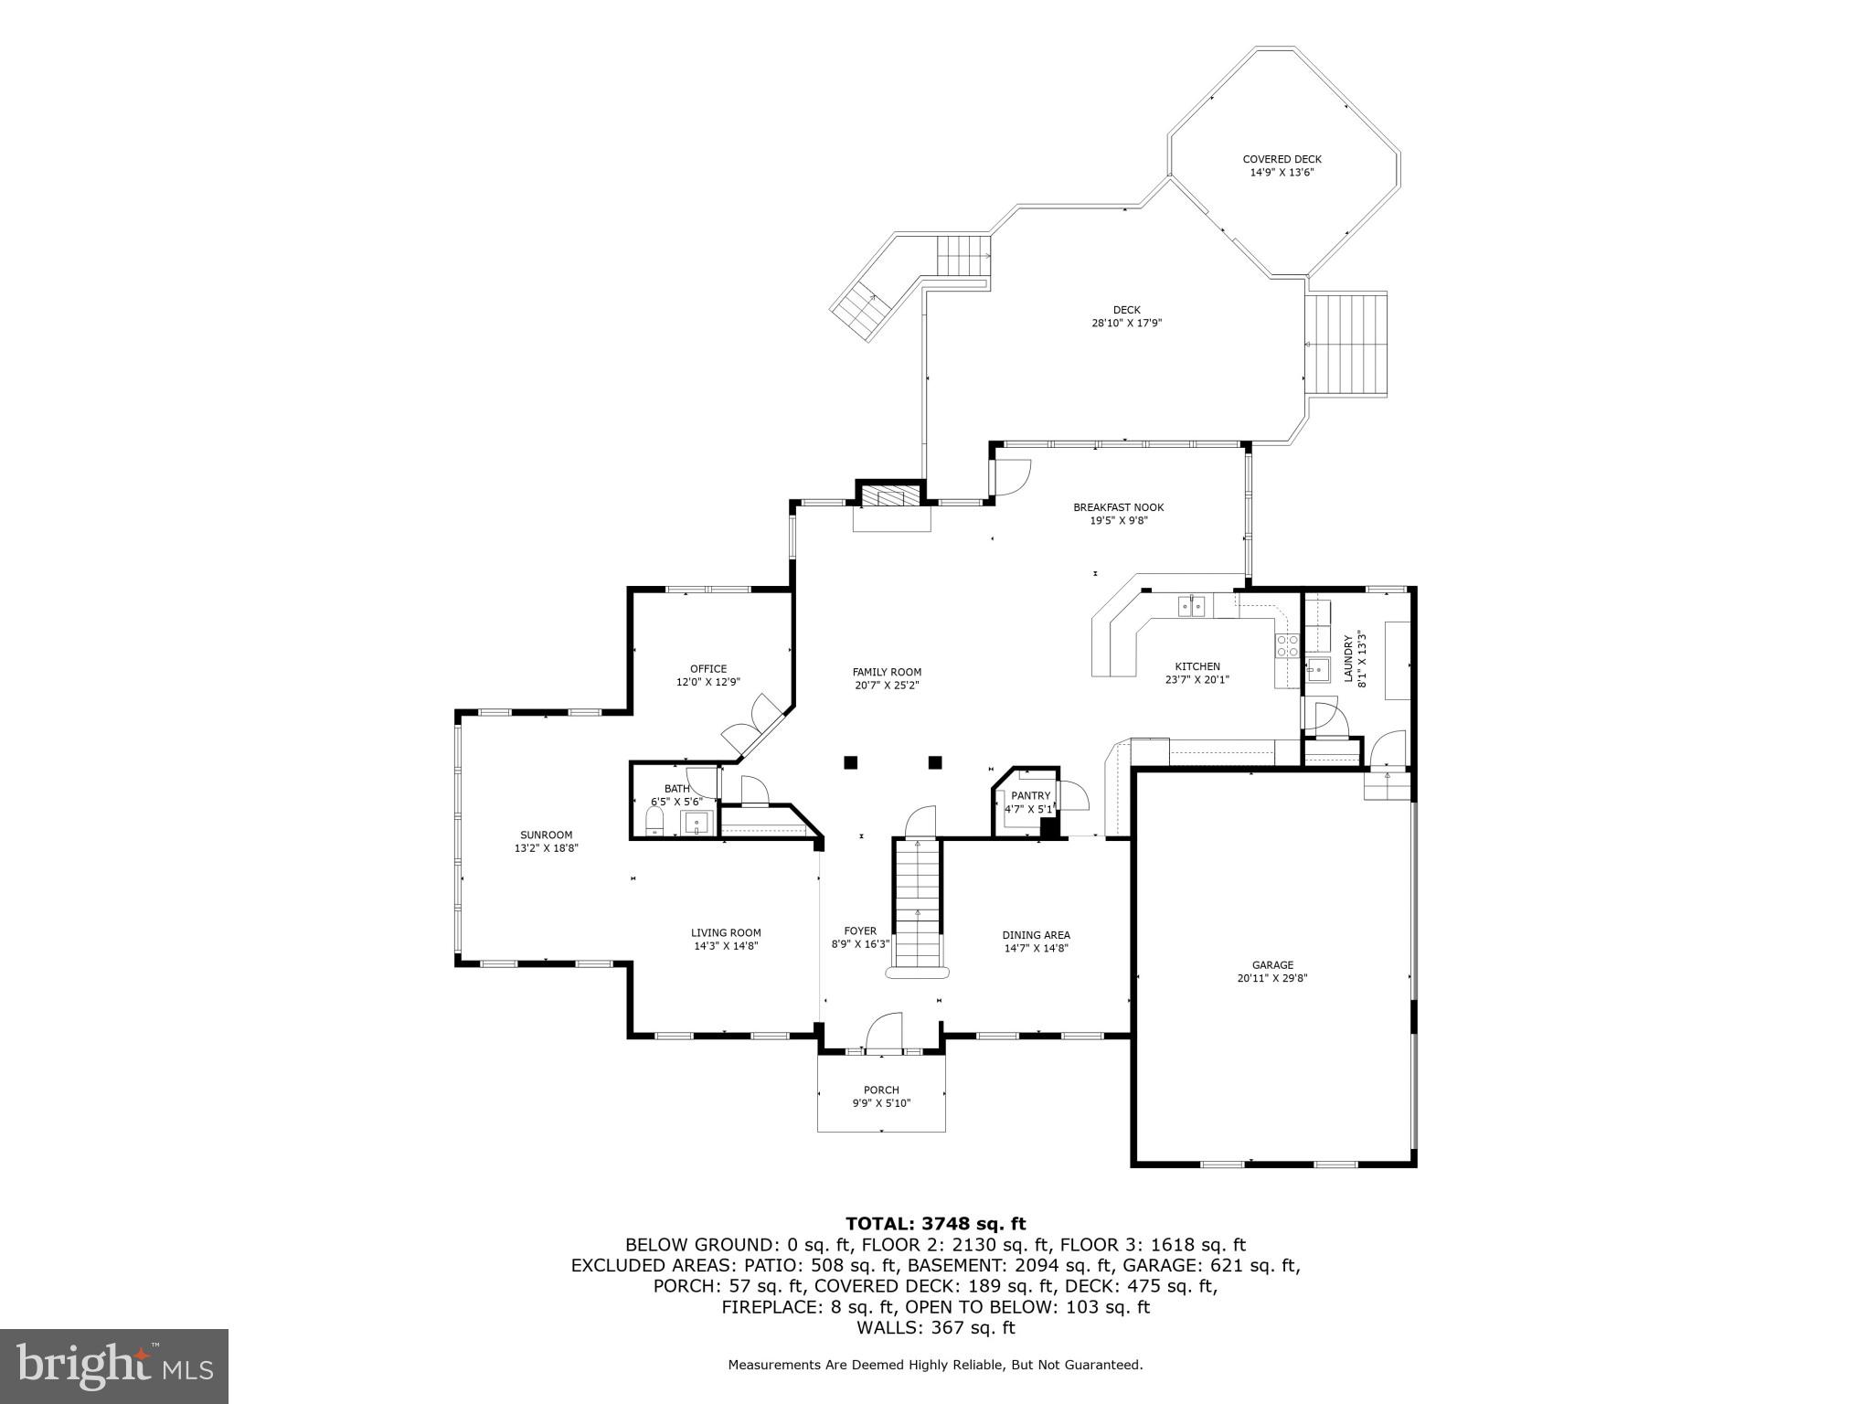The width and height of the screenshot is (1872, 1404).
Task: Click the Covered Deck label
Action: pyautogui.click(x=1282, y=159)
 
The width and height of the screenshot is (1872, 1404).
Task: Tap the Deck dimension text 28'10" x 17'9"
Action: pyautogui.click(x=1126, y=323)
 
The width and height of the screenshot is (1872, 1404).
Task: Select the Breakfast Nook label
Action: pyautogui.click(x=1118, y=507)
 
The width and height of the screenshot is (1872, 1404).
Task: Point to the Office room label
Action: pyautogui.click(x=708, y=668)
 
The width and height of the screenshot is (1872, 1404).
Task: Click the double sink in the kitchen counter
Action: pyautogui.click(x=1191, y=605)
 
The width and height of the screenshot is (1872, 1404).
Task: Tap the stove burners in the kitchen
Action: pyautogui.click(x=1287, y=645)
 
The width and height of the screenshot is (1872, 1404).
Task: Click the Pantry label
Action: pyautogui.click(x=1030, y=796)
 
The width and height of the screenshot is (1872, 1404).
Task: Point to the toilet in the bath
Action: pyautogui.click(x=654, y=824)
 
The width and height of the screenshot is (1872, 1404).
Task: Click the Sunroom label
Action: pyautogui.click(x=546, y=835)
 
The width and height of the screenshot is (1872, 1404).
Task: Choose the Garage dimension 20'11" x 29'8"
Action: pyautogui.click(x=1272, y=978)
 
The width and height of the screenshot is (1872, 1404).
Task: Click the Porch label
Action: pyautogui.click(x=881, y=1090)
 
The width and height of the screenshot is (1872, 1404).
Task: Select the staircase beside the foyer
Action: pyautogui.click(x=918, y=905)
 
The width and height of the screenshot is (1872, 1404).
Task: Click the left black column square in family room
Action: pyautogui.click(x=851, y=761)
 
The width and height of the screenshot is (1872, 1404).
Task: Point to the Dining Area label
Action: pyautogui.click(x=1036, y=935)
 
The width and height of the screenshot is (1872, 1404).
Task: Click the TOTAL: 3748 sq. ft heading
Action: pyautogui.click(x=935, y=1223)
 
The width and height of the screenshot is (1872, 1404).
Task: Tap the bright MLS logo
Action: pyautogui.click(x=114, y=1367)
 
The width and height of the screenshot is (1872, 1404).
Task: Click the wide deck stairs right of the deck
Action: pyautogui.click(x=1345, y=344)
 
